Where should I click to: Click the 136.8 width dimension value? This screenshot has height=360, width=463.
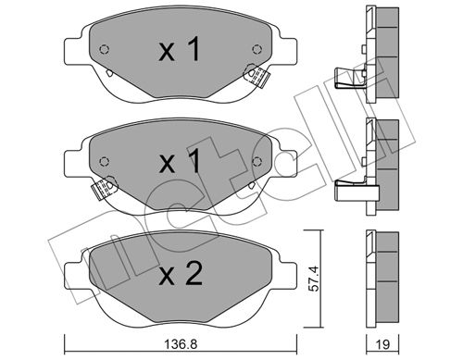[181, 344]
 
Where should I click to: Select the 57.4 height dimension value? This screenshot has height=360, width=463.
[314, 279]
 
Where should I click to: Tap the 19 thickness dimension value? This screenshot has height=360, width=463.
[383, 344]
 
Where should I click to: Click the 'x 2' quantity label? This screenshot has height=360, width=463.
[181, 273]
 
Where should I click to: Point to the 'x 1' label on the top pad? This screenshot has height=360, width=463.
[180, 49]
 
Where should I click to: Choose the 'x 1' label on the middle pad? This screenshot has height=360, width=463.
[180, 161]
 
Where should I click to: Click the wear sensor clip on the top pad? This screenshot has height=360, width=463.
[257, 76]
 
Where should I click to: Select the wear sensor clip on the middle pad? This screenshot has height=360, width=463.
[104, 188]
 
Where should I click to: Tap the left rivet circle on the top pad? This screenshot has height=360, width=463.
[105, 49]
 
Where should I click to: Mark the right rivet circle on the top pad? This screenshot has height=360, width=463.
[257, 49]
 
